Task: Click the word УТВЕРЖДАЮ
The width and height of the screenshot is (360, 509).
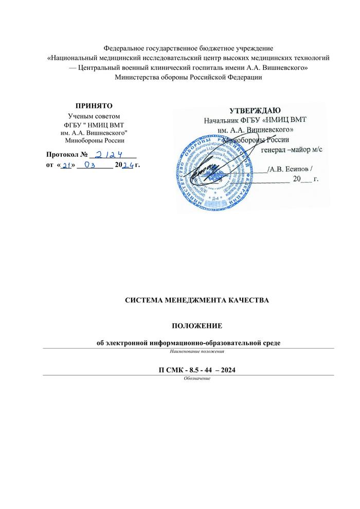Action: tap(254, 111)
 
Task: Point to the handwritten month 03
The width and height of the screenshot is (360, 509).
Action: tap(93, 166)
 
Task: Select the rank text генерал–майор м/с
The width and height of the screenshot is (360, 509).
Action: tap(292, 149)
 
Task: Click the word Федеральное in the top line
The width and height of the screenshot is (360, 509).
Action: tap(126, 48)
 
